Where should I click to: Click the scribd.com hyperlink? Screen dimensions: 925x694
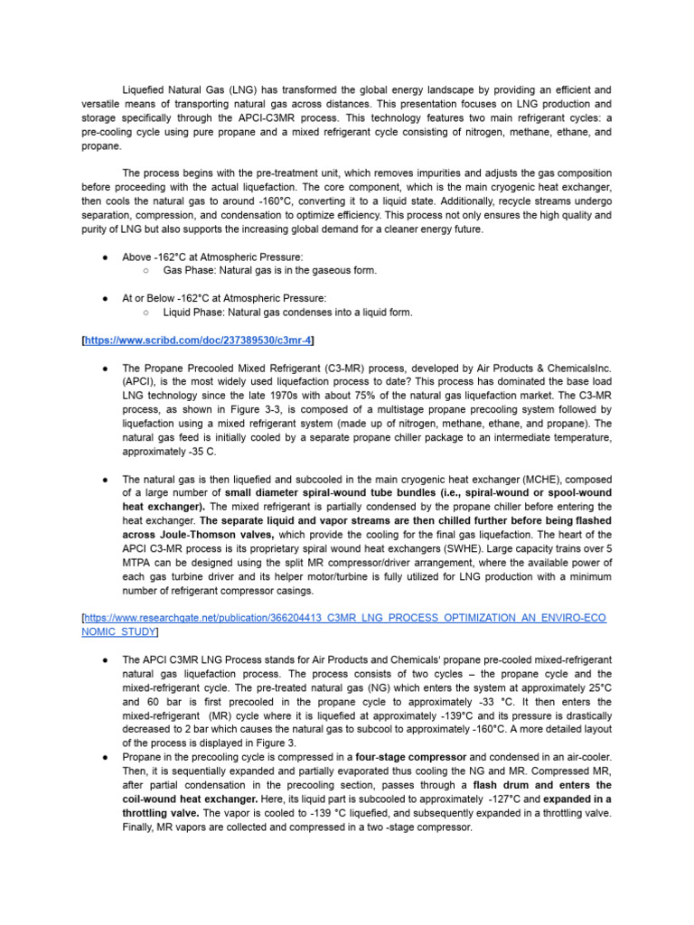tap(199, 340)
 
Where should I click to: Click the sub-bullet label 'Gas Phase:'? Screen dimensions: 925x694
tap(190, 270)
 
